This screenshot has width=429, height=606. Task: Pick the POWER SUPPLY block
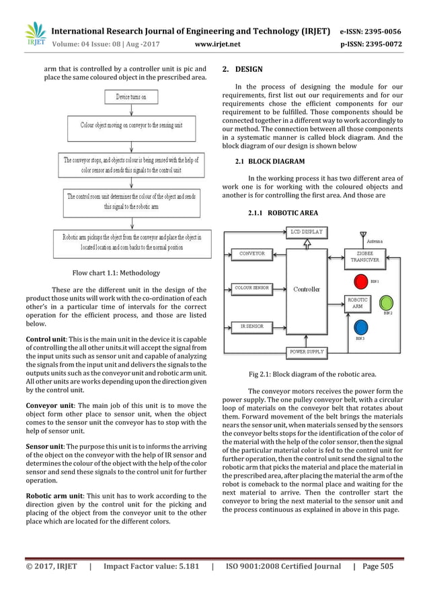pyautogui.click(x=307, y=351)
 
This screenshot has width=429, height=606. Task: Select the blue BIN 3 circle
pyautogui.click(x=360, y=327)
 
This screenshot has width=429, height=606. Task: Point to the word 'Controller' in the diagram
pyautogui.click(x=307, y=290)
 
